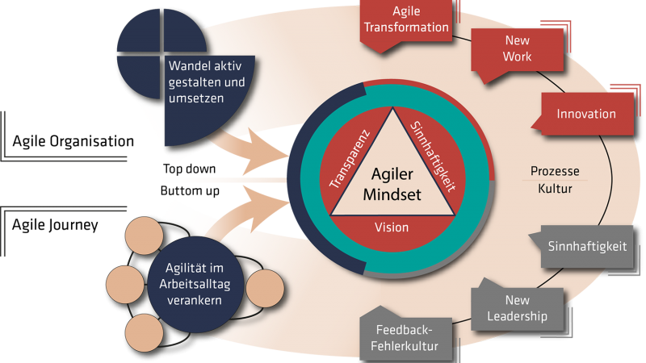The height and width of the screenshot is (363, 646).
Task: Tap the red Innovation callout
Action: [x=586, y=114]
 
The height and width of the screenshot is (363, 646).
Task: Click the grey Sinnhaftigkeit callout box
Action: [x=587, y=247]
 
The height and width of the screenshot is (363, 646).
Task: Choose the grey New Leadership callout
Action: [x=517, y=307]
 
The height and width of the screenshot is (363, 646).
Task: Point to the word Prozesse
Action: [x=555, y=172]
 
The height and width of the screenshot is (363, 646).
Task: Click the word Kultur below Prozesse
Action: [x=555, y=190]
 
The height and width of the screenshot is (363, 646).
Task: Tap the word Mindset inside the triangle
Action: [x=392, y=194]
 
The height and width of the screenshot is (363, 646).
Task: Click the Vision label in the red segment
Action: [x=392, y=227]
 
